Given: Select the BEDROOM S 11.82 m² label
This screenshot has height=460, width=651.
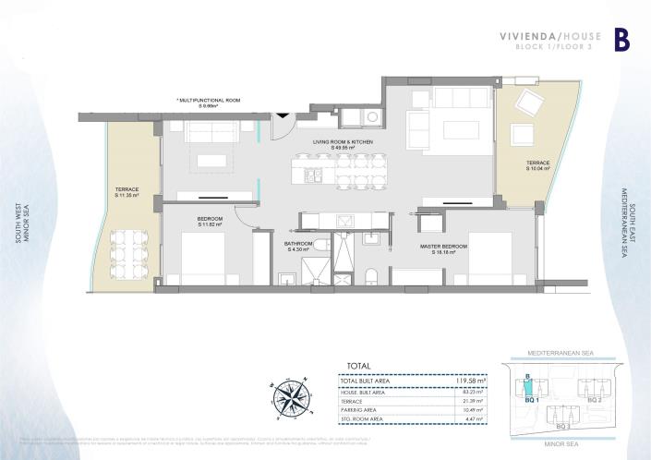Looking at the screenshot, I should pos(210,222).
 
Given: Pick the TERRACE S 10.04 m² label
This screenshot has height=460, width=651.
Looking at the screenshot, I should pos(537,166).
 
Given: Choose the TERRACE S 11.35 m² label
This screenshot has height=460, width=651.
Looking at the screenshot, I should pos(127,192).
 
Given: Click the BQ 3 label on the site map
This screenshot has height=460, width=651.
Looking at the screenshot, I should pos(561,428).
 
